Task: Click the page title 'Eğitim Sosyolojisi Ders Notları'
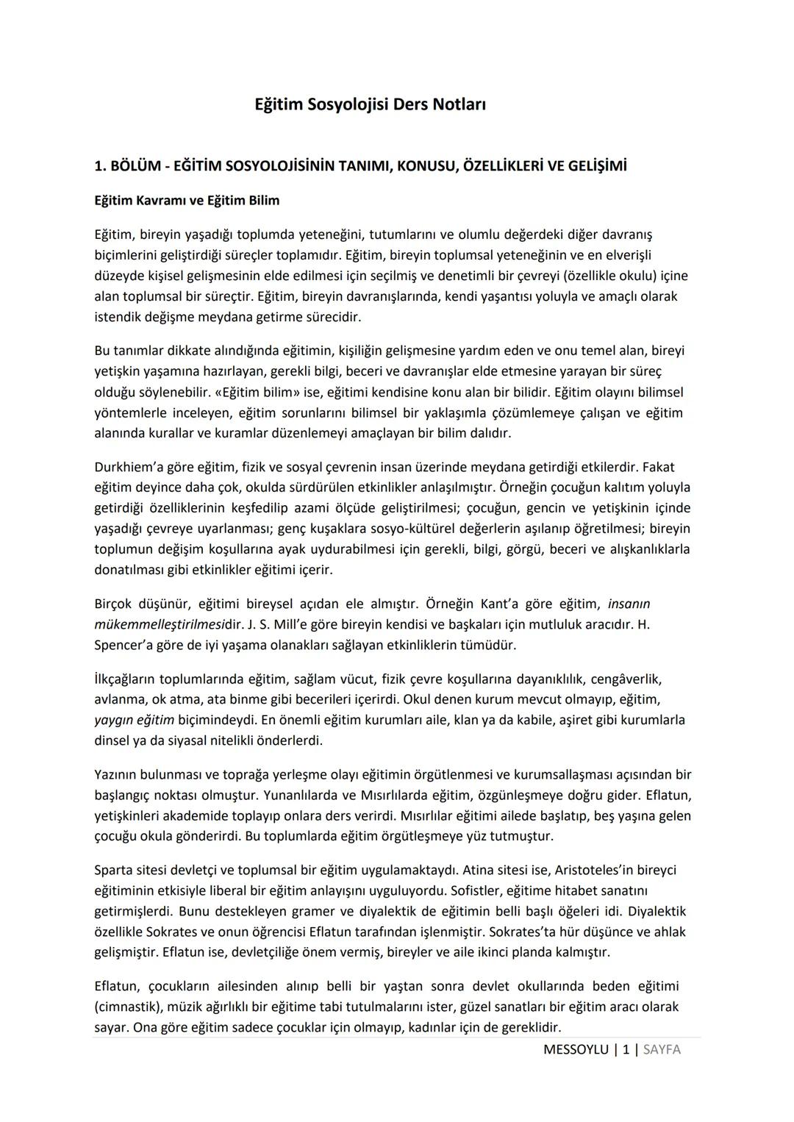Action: click(x=370, y=104)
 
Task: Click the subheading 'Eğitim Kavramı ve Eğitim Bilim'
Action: click(x=187, y=200)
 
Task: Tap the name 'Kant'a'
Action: click(x=503, y=604)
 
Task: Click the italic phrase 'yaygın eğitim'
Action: click(x=135, y=720)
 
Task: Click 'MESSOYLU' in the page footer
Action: click(x=576, y=1050)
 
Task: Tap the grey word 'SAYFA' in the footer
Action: click(x=662, y=1050)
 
